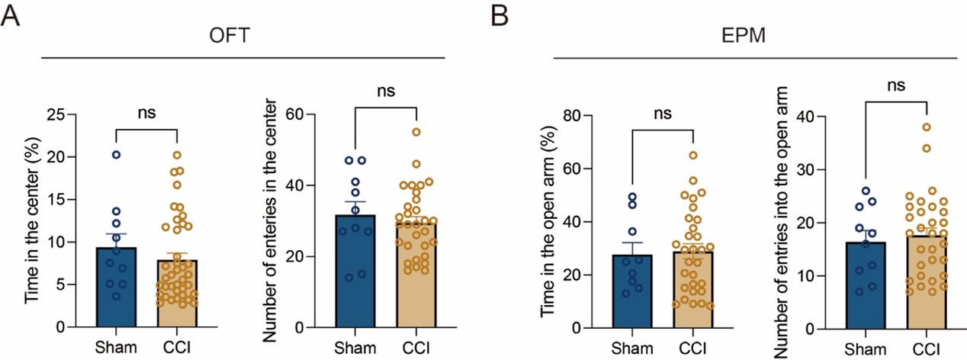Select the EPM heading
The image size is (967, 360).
pos(754,37)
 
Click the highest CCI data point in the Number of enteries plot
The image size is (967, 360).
pos(416,132)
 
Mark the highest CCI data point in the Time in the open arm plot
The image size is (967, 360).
pos(692,156)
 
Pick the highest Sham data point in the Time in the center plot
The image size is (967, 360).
pos(115,155)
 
